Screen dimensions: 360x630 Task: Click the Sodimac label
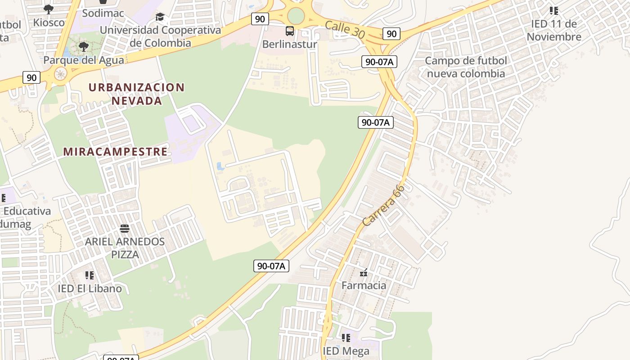103,13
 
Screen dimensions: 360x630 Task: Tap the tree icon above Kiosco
49,9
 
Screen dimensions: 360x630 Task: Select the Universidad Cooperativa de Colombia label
161,36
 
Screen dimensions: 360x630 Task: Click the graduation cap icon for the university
160,18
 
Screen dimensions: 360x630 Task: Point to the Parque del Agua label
84,60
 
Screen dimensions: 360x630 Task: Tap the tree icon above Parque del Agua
83,46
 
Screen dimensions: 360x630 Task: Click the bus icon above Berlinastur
290,31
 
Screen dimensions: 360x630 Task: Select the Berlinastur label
290,45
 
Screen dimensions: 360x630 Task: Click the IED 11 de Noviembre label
554,30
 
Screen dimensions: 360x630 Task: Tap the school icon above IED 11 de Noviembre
554,10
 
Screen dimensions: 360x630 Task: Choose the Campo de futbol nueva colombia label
466,67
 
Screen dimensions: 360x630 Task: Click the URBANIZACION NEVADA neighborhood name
136,94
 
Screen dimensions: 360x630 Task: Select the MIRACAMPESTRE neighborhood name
116,152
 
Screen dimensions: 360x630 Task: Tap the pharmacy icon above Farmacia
364,272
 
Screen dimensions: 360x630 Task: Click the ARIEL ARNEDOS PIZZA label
125,248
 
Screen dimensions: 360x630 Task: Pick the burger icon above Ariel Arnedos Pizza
125,229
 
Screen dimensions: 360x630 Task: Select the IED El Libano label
90,288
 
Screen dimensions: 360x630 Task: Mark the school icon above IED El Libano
90,275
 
